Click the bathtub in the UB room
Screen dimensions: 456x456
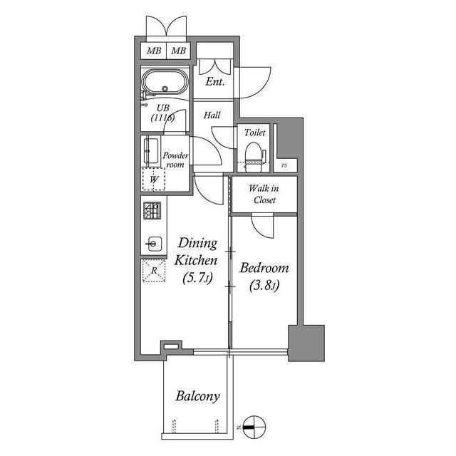(165, 82)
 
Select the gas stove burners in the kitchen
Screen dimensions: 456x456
(152, 211)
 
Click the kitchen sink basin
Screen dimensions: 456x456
(154, 244)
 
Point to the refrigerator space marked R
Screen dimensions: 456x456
(154, 271)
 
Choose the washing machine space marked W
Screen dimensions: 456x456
(154, 179)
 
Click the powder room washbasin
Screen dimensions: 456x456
(151, 151)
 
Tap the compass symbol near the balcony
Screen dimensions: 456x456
(254, 427)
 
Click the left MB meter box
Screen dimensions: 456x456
(154, 51)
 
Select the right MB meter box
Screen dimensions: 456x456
(178, 51)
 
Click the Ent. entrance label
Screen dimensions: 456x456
(215, 82)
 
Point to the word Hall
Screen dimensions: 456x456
(212, 115)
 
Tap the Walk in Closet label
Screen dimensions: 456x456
(264, 194)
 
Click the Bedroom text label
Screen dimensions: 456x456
(264, 268)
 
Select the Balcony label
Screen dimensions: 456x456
(197, 396)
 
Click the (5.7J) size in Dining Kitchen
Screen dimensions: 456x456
(197, 278)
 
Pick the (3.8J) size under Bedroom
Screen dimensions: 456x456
(264, 286)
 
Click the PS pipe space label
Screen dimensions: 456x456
(284, 165)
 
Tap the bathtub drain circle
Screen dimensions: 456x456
(165, 88)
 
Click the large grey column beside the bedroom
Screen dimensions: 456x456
(306, 343)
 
